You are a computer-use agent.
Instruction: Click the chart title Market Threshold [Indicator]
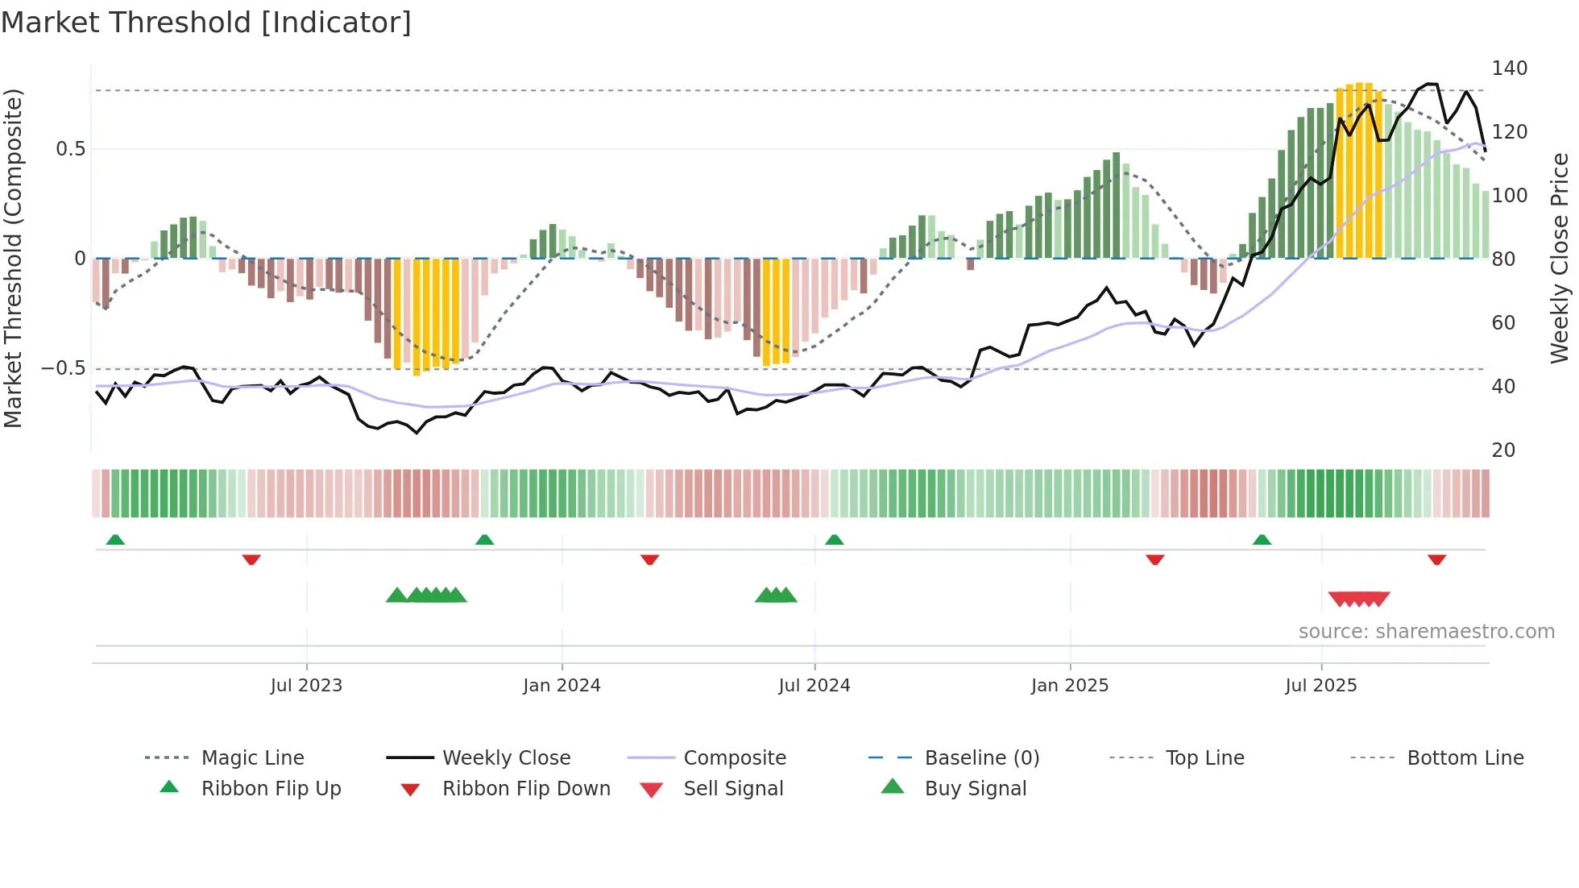(x=206, y=23)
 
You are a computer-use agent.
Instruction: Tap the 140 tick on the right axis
(x=1509, y=68)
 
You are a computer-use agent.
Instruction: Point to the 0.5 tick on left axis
(x=71, y=149)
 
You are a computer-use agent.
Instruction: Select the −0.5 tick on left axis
(x=64, y=368)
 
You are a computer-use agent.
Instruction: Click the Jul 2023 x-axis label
(x=306, y=686)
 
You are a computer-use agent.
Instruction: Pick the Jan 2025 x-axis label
(x=1069, y=686)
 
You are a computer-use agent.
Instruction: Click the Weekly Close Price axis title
(x=1560, y=258)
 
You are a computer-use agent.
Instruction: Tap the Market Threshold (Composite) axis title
(x=13, y=258)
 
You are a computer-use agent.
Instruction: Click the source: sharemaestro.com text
(x=1426, y=632)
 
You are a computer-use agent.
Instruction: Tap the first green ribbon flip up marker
(x=115, y=540)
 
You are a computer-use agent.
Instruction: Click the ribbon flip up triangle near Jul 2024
(x=834, y=540)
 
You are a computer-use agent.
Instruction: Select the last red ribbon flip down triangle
(x=1436, y=559)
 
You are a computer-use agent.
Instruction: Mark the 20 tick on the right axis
(x=1503, y=450)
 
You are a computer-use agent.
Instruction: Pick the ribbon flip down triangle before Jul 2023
(x=251, y=559)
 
